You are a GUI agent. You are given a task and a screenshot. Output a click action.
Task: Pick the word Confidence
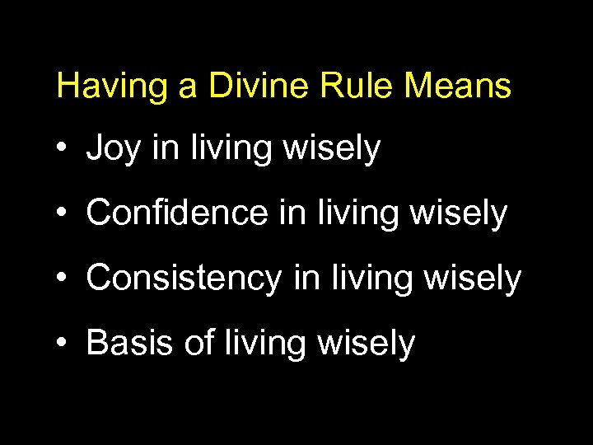tap(178, 213)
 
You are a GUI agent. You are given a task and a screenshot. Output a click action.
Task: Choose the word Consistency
tap(184, 279)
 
